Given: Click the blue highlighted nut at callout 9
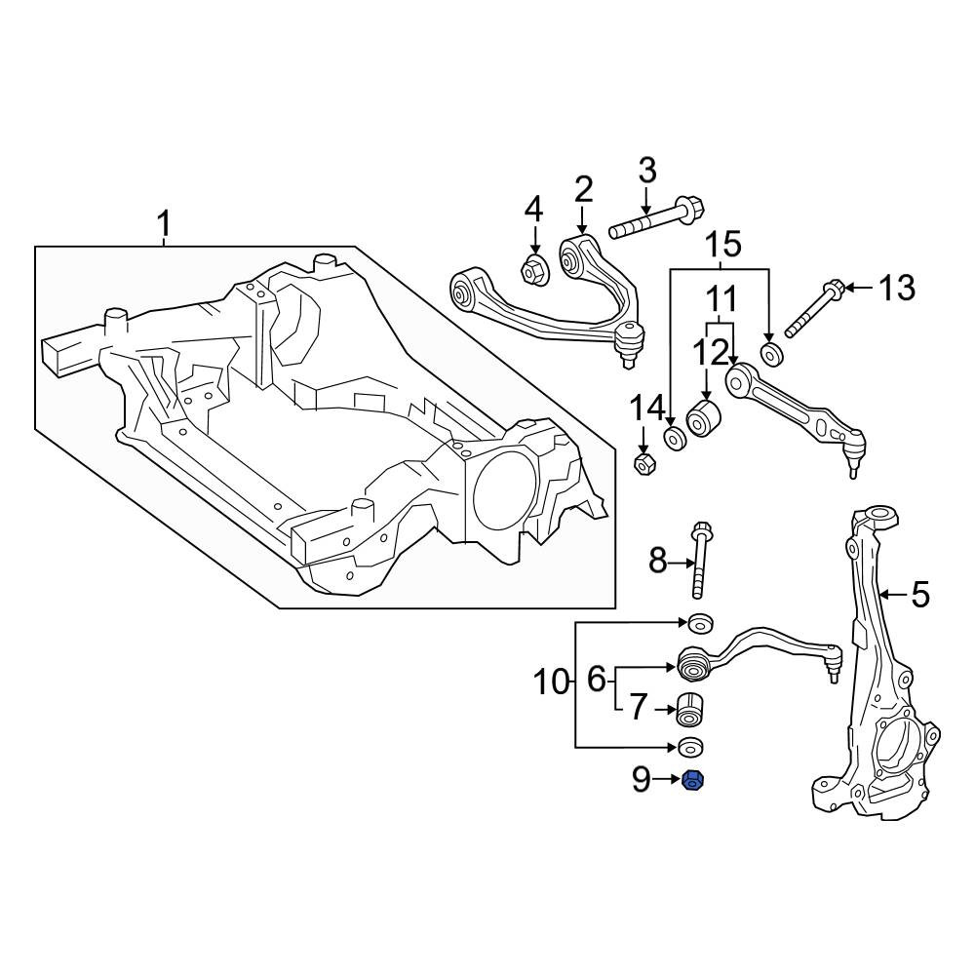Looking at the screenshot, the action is pyautogui.click(x=692, y=780).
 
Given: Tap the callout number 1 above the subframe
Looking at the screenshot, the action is pyautogui.click(x=164, y=224).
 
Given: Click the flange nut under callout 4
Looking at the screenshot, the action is pyautogui.click(x=534, y=270).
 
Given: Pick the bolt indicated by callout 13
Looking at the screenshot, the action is pyautogui.click(x=813, y=311).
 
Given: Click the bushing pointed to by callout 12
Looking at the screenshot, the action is pyautogui.click(x=703, y=419).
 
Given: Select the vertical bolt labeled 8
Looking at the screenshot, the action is pyautogui.click(x=698, y=561).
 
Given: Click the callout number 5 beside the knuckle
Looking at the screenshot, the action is pyautogui.click(x=919, y=595).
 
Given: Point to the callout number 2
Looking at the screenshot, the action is pyautogui.click(x=583, y=190).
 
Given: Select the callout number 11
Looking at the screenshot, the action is pyautogui.click(x=721, y=298).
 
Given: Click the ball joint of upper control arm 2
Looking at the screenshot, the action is pyautogui.click(x=629, y=345).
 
